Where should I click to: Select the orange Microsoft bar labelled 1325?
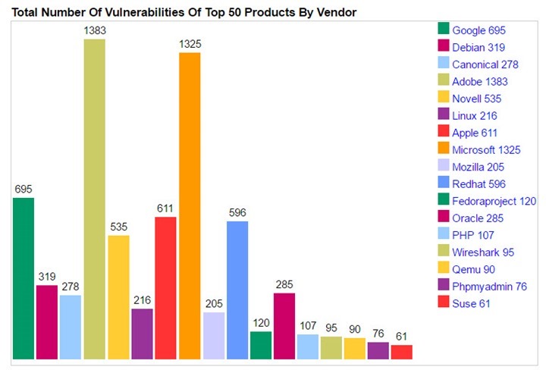190,205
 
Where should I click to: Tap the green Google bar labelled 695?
24,277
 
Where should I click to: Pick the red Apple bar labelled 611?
165,287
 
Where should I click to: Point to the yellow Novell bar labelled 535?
118,296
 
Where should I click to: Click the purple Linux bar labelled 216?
142,334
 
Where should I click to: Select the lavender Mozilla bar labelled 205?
214,335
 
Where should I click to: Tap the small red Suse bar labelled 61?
402,352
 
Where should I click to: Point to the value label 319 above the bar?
47,277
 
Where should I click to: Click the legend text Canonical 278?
485,64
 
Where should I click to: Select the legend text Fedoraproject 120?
494,201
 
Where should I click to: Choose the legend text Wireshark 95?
483,252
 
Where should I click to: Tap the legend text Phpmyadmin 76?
488,286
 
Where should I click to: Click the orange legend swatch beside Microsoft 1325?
443,149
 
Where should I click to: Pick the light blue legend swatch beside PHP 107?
443,234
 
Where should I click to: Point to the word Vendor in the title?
337,12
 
